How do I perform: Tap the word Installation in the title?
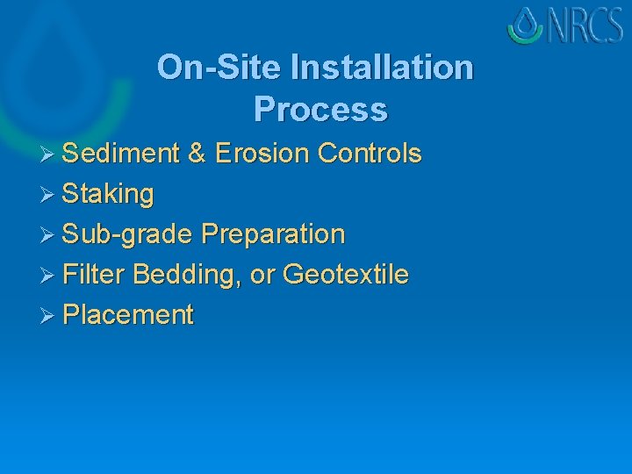tap(381, 67)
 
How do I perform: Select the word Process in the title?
tap(320, 110)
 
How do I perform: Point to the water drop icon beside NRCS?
tap(526, 25)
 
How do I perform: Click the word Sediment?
tap(121, 154)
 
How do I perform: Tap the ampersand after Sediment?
tap(197, 154)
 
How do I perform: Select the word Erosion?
tap(262, 154)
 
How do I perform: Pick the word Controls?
tap(370, 154)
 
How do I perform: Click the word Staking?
tap(109, 194)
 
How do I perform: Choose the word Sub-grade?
tap(128, 234)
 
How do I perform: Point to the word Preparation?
tap(273, 234)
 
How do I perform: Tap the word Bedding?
tap(188, 276)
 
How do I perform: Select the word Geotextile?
tap(347, 275)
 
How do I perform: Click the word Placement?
tap(128, 315)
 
